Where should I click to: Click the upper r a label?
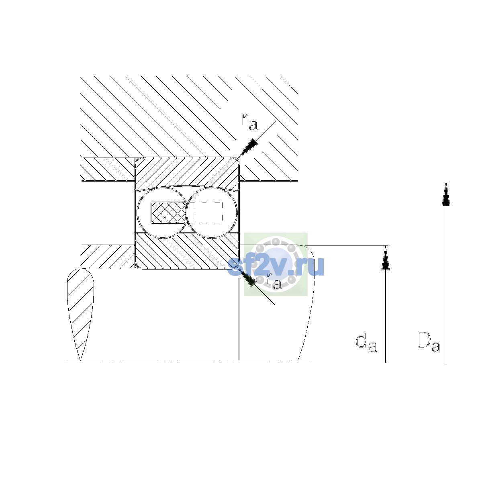[249, 122]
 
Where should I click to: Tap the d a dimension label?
[366, 342]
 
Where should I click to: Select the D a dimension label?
[429, 341]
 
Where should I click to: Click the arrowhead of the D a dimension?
[446, 193]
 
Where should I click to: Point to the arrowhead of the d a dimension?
[386, 257]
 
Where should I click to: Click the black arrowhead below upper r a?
[248, 148]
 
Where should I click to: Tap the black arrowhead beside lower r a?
[248, 276]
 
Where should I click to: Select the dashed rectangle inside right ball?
[208, 212]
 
